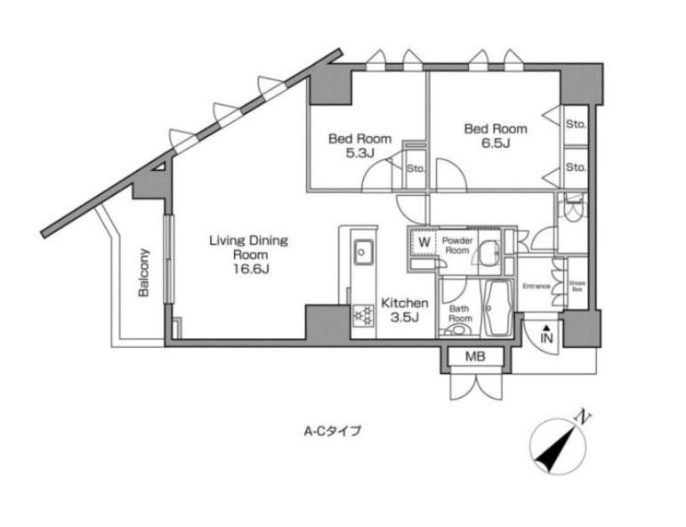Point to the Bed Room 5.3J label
tap(359, 145)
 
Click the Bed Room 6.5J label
tap(496, 136)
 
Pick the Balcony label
tap(142, 272)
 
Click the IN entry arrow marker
tap(547, 335)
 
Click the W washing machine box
tap(424, 241)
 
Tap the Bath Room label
tap(459, 312)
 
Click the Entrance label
tap(537, 286)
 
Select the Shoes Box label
tap(577, 286)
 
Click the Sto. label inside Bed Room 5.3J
tap(416, 167)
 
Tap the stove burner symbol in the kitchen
tap(362, 314)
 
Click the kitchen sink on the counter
tap(362, 252)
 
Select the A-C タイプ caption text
tap(332, 431)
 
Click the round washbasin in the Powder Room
tap(487, 253)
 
